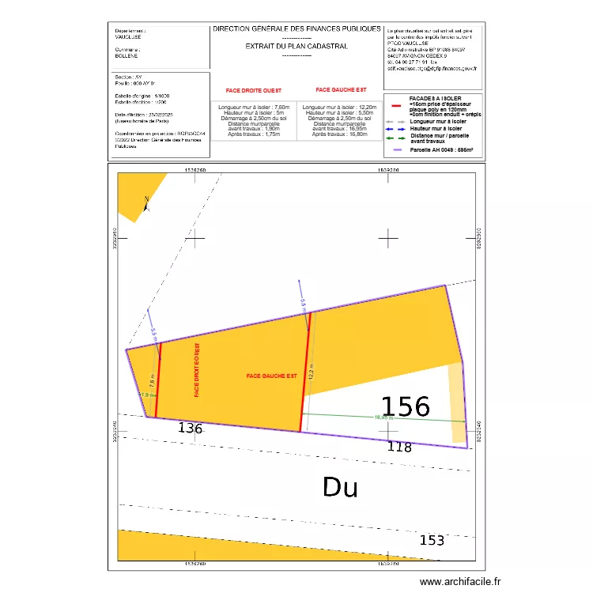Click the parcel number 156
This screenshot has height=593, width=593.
point(406,406)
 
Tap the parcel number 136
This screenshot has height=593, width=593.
point(191,429)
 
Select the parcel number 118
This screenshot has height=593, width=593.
point(399,448)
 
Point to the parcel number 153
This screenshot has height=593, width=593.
point(431,541)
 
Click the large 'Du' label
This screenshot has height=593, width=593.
point(340,487)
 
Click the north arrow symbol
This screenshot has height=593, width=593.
point(146,204)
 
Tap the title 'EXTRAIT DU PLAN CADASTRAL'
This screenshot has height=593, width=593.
point(296,47)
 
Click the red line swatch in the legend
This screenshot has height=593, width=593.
point(396,104)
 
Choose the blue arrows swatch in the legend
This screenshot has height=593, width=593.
point(396,128)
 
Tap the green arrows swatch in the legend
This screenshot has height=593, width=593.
point(396,138)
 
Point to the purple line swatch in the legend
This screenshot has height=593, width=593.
point(396,149)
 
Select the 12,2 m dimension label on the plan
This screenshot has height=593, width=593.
point(312,371)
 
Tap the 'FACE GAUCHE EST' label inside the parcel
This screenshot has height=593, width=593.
point(270,376)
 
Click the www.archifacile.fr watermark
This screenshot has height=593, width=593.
point(460,582)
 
